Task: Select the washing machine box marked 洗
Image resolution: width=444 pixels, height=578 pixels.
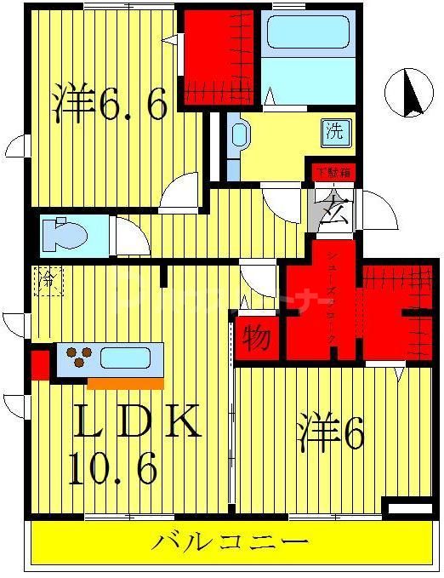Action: point(335,132)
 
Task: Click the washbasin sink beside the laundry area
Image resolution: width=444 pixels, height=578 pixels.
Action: point(238,136)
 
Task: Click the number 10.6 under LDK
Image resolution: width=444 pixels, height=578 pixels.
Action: point(113,468)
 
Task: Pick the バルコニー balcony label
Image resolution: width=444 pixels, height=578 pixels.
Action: point(230,542)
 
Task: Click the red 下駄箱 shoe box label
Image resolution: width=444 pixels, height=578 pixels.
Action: point(333,172)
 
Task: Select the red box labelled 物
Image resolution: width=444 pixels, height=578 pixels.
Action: point(255,337)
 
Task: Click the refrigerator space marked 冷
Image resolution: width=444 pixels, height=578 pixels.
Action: point(48,281)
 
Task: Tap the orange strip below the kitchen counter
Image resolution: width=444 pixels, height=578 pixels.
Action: point(126,382)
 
